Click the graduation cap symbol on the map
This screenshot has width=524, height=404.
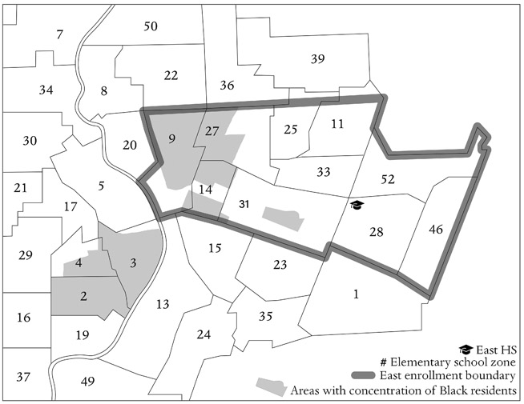pos(357,206)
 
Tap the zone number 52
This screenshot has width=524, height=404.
pos(388,180)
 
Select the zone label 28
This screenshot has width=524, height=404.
pos(377,232)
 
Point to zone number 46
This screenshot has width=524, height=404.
pos(436,230)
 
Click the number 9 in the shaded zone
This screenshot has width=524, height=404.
pos(171,137)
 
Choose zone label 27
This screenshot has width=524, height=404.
pos(212,131)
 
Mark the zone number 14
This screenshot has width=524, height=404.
pos(206,190)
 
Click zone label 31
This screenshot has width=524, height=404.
pos(245,205)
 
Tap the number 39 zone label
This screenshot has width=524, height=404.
pos(318,58)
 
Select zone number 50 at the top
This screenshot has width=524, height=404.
pos(151,26)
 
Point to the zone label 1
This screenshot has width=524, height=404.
pos(356,294)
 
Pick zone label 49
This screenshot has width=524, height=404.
pos(89,382)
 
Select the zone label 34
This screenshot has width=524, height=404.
pos(46,90)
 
